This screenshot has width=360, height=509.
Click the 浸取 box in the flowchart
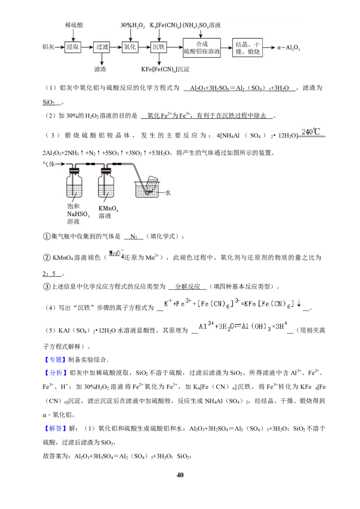click(72, 47)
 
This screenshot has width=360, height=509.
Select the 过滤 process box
click(102, 47)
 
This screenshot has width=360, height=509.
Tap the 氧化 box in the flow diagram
click(130, 47)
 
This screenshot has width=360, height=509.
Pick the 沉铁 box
click(159, 47)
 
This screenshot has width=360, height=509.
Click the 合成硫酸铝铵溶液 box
click(202, 48)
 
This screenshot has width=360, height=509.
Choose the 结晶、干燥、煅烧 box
click(247, 48)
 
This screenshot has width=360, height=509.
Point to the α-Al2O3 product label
click(288, 48)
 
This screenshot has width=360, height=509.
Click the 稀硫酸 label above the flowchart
click(74, 25)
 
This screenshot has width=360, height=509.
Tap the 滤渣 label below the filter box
click(100, 69)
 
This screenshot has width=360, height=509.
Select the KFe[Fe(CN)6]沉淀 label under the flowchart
click(165, 69)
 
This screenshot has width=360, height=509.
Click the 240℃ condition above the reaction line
click(310, 131)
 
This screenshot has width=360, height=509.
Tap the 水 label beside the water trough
click(168, 192)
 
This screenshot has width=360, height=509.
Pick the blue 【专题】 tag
click(55, 359)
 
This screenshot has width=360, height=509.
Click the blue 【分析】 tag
click(55, 373)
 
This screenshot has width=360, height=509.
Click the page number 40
click(180, 474)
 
